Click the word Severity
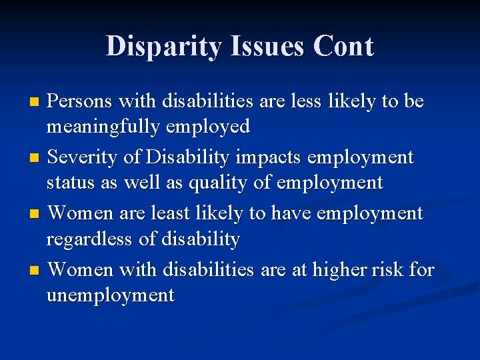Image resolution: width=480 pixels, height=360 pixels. tap(83, 157)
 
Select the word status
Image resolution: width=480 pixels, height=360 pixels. tap(69, 182)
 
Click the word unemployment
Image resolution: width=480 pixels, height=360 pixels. tap(111, 294)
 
